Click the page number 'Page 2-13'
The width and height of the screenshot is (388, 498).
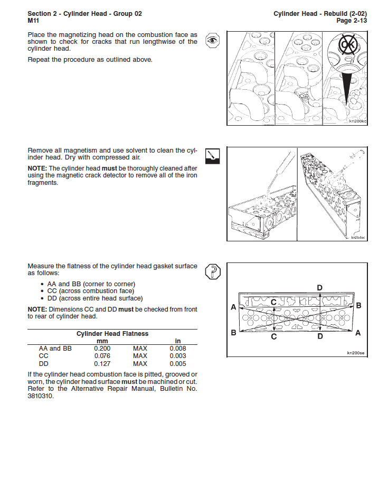coord(352,21)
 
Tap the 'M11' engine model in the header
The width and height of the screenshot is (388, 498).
coord(34,21)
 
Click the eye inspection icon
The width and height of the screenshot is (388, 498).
coord(212,40)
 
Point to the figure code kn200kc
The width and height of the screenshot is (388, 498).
coord(357,121)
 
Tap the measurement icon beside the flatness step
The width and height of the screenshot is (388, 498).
coord(212,272)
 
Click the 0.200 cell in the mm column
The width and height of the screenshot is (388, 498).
coord(102,349)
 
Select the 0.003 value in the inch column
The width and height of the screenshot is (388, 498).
coord(178,356)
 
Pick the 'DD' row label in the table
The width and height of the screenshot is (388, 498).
coord(44,364)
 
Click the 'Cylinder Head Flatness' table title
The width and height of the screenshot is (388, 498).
coord(112,334)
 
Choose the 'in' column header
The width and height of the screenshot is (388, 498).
coord(178,341)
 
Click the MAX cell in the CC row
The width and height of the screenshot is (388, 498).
coord(140,356)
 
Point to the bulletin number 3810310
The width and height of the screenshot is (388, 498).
coord(41,396)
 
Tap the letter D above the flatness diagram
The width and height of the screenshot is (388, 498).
coord(319,287)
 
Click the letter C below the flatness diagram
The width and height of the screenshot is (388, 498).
coord(273,336)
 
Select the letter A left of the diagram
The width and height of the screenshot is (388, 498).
coord(233,307)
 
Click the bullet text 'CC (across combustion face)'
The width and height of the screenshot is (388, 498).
coord(91,291)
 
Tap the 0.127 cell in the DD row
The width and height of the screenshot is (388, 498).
coord(102,364)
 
